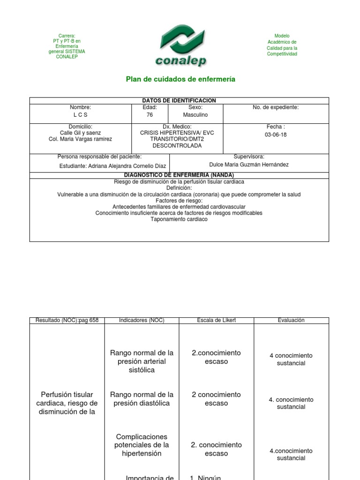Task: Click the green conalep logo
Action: point(180,45)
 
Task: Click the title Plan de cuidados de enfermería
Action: point(180,79)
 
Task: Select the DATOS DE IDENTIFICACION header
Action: point(179,100)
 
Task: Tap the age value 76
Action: point(150,114)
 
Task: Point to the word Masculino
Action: point(195,114)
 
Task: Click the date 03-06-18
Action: point(275,134)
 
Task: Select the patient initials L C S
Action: point(80,114)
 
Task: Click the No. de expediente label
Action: point(275,107)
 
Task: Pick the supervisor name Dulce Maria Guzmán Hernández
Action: point(248,165)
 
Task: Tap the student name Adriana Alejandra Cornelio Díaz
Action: point(112,165)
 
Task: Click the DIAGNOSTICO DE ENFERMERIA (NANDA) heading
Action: point(179,175)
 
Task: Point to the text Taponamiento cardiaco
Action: point(179,219)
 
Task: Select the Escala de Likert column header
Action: point(217,320)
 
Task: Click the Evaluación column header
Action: point(291,320)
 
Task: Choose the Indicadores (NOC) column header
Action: point(142,320)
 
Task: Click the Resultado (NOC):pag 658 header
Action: point(67,320)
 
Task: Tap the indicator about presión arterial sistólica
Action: point(142,361)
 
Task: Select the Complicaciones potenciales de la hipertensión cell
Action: point(142,445)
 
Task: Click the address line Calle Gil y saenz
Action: point(80,133)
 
